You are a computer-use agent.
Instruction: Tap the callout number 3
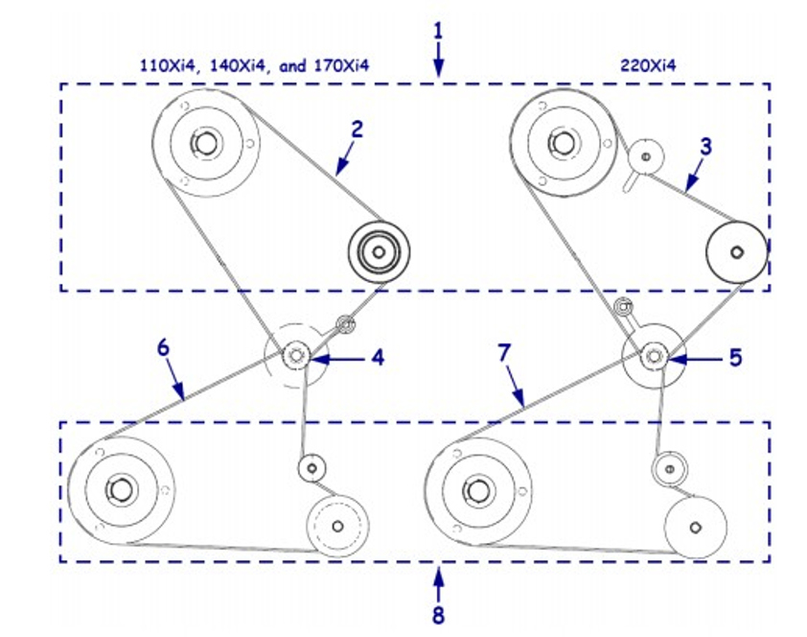click(705, 147)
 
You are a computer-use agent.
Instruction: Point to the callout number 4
click(378, 358)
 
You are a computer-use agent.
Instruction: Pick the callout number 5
click(735, 358)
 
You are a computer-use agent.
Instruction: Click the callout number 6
click(163, 348)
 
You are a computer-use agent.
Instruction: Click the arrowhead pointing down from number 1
click(438, 69)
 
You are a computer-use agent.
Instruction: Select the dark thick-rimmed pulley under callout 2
click(378, 252)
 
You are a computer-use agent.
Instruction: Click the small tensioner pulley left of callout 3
click(645, 154)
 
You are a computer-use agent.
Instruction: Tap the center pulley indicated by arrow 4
click(295, 356)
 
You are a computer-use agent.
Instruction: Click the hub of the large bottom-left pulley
click(120, 488)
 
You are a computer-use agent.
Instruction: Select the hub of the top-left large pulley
click(204, 143)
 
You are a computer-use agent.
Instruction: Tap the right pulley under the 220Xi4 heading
click(735, 251)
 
